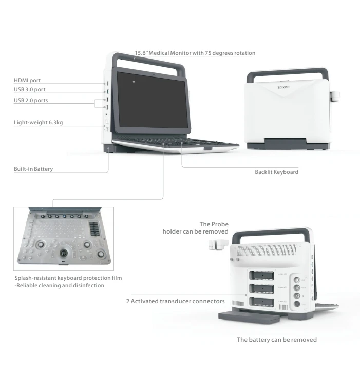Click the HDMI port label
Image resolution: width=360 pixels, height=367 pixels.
[27, 80]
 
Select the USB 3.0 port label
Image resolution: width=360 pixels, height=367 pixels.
[29, 89]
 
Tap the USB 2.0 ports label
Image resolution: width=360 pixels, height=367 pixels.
[31, 100]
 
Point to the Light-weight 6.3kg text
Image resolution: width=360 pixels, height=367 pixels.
[38, 122]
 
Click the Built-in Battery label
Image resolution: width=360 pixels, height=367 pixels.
[33, 169]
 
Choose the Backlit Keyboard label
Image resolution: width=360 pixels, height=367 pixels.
[276, 172]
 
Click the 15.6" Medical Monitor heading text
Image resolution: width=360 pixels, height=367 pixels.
[195, 53]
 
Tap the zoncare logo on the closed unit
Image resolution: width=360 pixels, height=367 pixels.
[283, 87]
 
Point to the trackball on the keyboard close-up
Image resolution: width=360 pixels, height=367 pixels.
[64, 253]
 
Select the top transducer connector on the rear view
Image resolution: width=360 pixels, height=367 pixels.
[262, 276]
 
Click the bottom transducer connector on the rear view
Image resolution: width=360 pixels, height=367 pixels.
[262, 302]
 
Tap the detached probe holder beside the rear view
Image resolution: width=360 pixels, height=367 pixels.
[218, 245]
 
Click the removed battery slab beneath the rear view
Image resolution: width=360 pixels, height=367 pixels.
[249, 318]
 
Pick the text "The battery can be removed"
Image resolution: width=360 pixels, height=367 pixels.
[277, 340]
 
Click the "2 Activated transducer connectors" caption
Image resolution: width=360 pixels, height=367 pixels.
[175, 301]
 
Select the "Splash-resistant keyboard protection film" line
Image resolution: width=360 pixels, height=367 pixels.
[68, 278]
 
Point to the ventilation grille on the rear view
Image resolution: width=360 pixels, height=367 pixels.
[267, 250]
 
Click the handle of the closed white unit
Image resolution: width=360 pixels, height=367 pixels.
[288, 73]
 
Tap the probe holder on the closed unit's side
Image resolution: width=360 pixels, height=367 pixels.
[335, 96]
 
